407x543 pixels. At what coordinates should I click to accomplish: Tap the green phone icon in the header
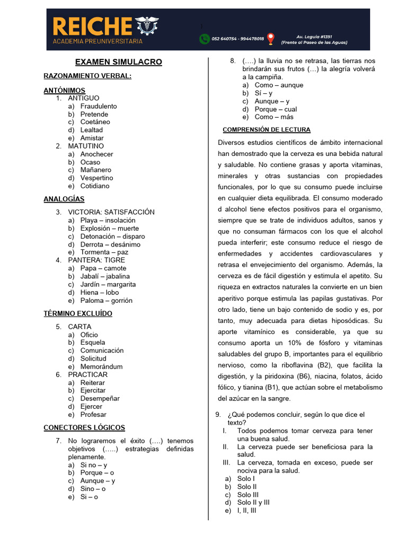(204, 39)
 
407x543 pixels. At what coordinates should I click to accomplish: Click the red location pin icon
(271, 39)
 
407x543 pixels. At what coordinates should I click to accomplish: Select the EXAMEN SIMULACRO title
(118, 62)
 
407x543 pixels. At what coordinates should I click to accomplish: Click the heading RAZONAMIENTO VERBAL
(87, 76)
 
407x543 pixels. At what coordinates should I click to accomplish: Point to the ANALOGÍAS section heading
(64, 199)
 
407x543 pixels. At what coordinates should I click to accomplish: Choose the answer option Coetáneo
(95, 122)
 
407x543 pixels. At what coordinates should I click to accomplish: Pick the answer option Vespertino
(96, 178)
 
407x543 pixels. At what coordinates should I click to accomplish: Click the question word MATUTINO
(86, 146)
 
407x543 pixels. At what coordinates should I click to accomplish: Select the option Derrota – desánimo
(110, 244)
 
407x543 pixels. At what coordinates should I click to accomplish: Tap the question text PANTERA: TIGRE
(96, 260)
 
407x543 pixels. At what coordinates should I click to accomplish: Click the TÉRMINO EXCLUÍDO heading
(78, 313)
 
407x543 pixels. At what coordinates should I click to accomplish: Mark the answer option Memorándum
(101, 366)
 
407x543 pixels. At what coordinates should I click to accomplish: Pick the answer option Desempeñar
(100, 398)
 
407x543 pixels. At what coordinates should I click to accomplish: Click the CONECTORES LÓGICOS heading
(84, 427)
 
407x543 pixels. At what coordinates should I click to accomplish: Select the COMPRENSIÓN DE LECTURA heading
(267, 129)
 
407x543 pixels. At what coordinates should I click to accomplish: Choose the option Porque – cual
(276, 109)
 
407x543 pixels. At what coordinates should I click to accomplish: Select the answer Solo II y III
(253, 502)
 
